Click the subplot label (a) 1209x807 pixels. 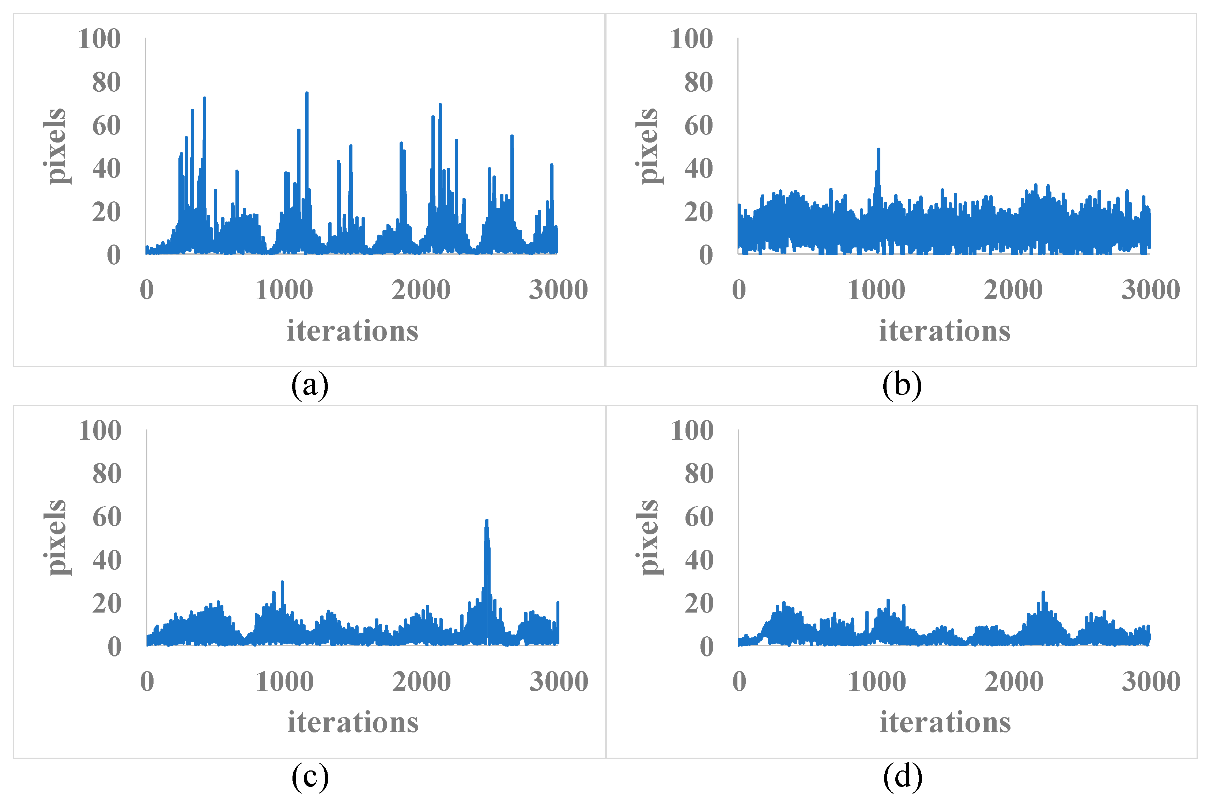[x=309, y=385]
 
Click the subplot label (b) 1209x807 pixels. [x=902, y=385]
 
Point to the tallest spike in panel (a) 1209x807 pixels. [x=307, y=94]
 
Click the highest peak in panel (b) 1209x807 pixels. [x=878, y=150]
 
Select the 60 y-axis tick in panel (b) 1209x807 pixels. [x=698, y=126]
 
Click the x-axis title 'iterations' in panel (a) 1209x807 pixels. [x=352, y=330]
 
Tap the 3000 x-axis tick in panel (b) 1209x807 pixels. [x=1151, y=290]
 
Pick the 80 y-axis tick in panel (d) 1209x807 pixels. [x=699, y=474]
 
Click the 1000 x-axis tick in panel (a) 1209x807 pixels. [x=284, y=290]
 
